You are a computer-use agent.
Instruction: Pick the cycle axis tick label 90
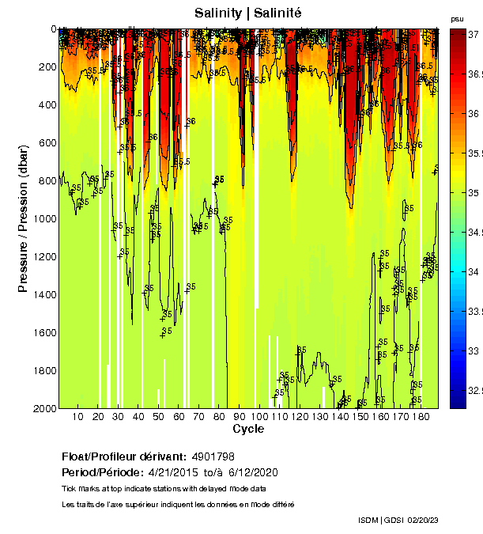240,417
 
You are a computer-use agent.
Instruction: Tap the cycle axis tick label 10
77,417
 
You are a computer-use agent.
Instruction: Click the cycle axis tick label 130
320,417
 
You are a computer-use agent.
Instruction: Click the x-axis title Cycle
248,429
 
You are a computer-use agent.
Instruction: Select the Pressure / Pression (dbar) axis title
23,218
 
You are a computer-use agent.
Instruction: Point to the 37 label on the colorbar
474,36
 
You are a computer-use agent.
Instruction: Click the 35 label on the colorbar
474,193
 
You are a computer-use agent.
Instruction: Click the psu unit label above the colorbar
456,18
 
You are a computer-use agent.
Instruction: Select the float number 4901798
213,456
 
